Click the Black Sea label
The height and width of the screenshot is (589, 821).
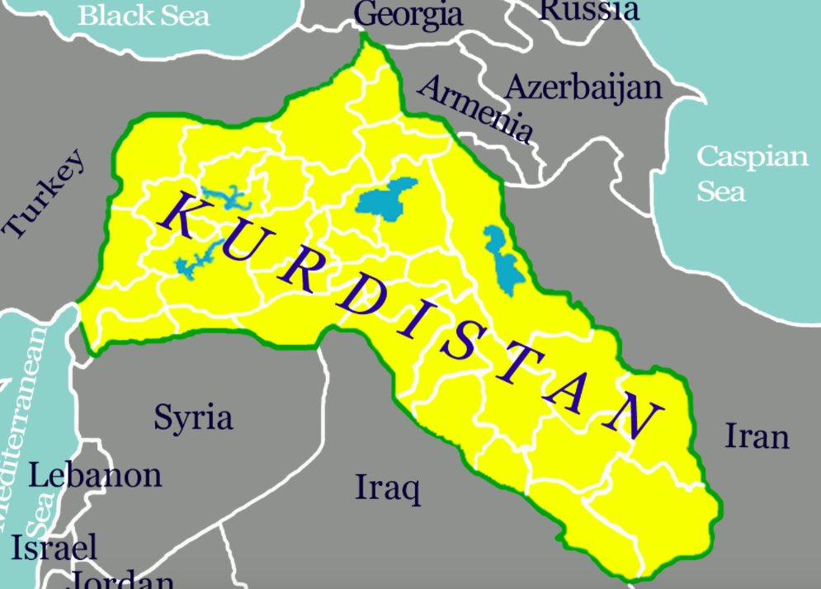coord(144,14)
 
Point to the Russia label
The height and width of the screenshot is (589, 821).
coord(589,9)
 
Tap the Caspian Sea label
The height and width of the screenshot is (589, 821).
coord(752,172)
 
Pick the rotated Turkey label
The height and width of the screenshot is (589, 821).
coord(45,194)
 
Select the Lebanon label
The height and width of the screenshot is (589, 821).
coord(95,474)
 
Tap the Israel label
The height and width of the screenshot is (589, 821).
coord(54,547)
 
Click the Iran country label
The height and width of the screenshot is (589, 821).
coord(757,436)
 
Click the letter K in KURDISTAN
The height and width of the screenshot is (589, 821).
coord(179,214)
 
